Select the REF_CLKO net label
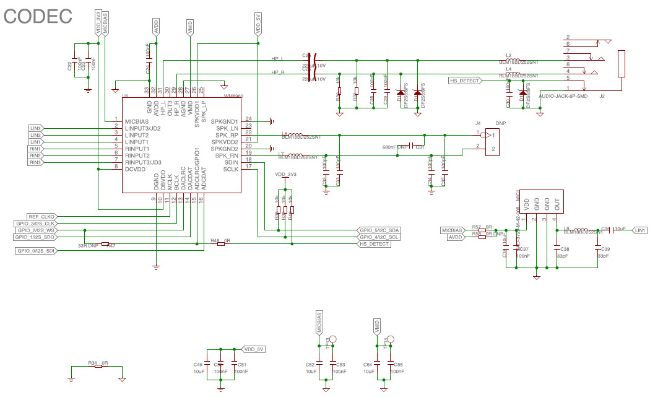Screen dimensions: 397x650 pyautogui.click(x=42, y=216)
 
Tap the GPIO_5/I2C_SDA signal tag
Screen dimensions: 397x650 pyautogui.click(x=379, y=230)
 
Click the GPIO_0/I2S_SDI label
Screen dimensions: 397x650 pyautogui.click(x=36, y=250)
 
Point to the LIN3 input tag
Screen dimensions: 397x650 pyautogui.click(x=36, y=128)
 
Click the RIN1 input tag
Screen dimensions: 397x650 pyautogui.click(x=36, y=149)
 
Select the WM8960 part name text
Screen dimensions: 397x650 pyautogui.click(x=233, y=97)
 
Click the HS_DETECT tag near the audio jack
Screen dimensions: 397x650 pyautogui.click(x=464, y=81)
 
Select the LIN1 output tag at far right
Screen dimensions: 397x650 pyautogui.click(x=640, y=230)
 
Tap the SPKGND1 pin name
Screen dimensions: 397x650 pyautogui.click(x=224, y=121)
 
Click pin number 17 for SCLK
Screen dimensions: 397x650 pyautogui.click(x=248, y=167)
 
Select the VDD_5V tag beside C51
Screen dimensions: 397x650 pyautogui.click(x=254, y=349)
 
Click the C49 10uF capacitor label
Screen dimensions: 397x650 pyautogui.click(x=198, y=368)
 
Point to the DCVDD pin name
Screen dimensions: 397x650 pyautogui.click(x=136, y=168)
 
